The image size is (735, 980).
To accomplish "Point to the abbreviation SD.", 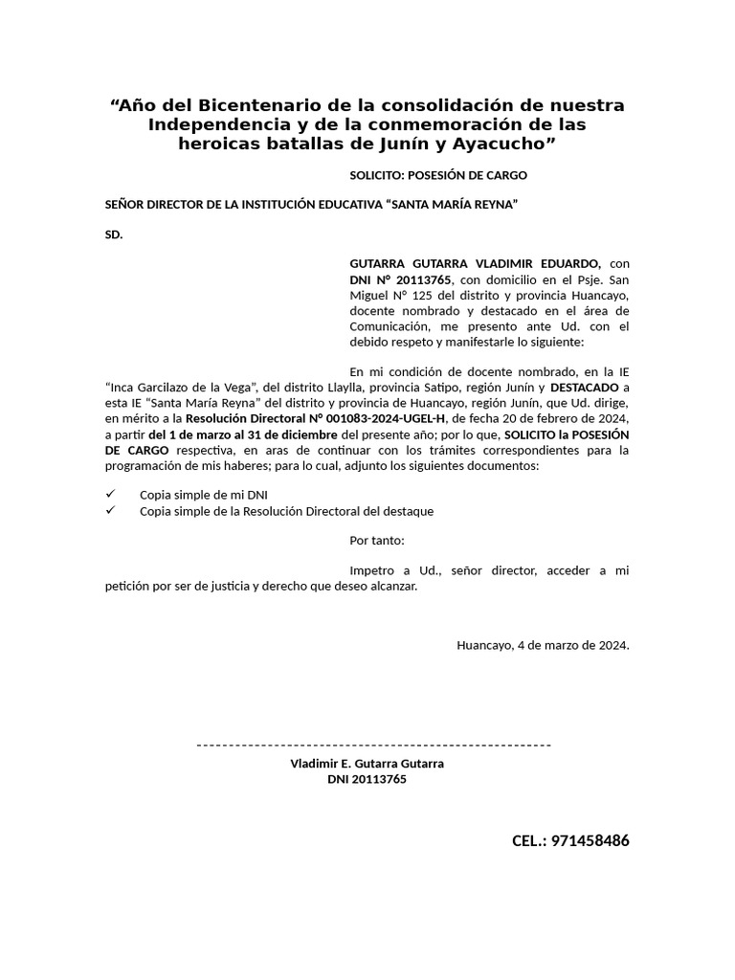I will click(114, 234).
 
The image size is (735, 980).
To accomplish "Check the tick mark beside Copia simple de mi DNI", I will click(110, 494).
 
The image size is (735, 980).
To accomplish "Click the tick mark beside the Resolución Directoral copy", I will click(110, 510).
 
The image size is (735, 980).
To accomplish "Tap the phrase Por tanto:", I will click(377, 541).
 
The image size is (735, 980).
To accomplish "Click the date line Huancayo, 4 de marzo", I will click(543, 645).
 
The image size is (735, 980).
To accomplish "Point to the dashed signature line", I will click(373, 745).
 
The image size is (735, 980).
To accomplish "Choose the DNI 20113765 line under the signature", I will click(367, 779).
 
